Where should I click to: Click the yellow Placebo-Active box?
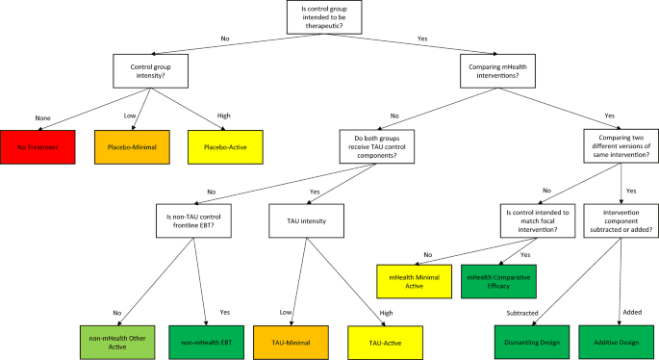click(x=225, y=147)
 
